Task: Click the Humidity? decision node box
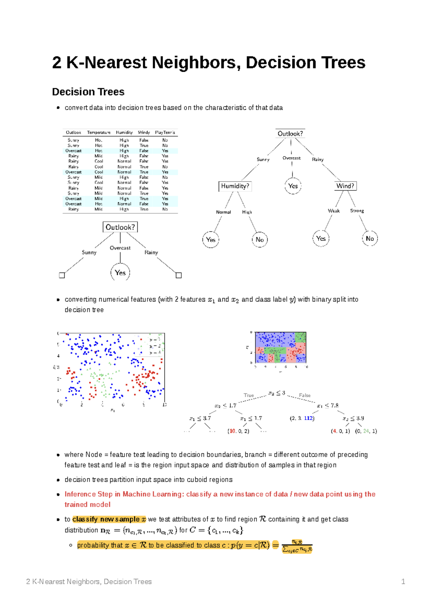(235, 186)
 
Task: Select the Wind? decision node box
(345, 186)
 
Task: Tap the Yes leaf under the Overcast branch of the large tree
(293, 186)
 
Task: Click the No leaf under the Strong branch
(370, 239)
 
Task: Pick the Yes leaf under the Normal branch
(211, 240)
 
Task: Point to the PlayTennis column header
(165, 132)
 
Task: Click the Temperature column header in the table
(99, 132)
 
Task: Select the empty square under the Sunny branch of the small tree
(62, 275)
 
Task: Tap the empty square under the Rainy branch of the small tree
(179, 275)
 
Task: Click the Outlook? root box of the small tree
(120, 227)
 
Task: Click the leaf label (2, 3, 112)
(302, 418)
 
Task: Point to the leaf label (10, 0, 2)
(238, 431)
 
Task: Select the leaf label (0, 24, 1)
(366, 431)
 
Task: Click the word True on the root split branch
(249, 395)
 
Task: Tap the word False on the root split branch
(305, 395)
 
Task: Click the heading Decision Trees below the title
(88, 92)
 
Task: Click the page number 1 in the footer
(403, 581)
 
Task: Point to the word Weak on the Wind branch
(334, 211)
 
